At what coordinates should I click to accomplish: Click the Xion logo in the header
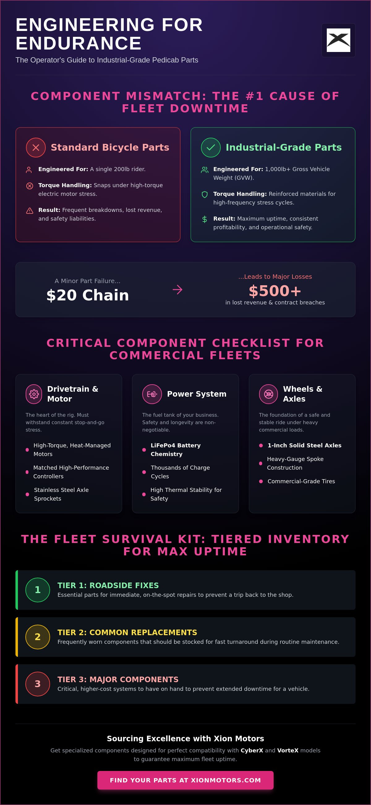338,40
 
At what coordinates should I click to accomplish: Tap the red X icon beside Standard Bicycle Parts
36,148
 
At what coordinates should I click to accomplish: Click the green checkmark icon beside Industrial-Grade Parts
211,148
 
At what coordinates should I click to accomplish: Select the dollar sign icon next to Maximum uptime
205,219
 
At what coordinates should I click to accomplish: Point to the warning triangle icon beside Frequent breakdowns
30,211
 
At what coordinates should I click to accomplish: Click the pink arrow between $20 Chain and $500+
177,290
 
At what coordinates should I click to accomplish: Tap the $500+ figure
275,291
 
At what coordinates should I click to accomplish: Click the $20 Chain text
88,295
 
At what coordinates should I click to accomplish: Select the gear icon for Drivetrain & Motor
34,394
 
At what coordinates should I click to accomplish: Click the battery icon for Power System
152,394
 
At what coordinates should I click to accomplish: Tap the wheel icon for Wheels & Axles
269,394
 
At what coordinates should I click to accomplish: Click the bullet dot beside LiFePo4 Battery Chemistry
144,450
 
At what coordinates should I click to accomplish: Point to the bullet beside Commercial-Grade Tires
261,481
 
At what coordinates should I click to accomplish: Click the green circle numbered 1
37,590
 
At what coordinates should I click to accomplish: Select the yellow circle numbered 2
37,637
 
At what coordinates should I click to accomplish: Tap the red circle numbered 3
37,684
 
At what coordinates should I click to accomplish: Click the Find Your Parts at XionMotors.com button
185,780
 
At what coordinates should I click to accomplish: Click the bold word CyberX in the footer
252,750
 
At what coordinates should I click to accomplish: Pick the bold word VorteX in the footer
288,750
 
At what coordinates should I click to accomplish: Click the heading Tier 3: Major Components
118,679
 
